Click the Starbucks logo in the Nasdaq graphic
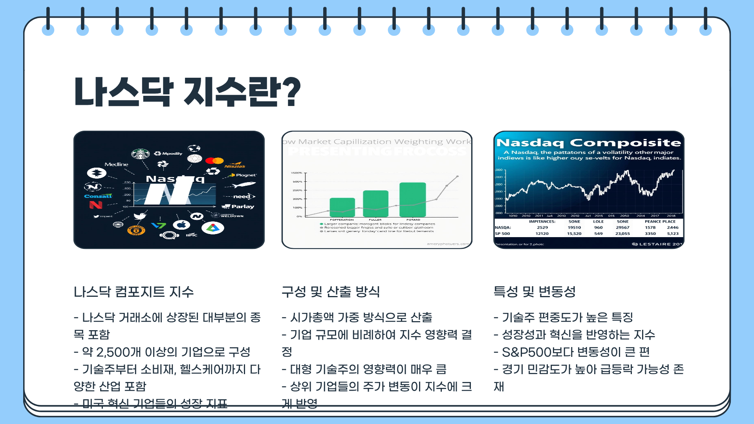pyautogui.click(x=140, y=154)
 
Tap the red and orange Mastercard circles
pyautogui.click(x=214, y=161)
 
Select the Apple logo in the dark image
pyautogui.click(x=181, y=225)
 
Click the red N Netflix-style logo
pyautogui.click(x=95, y=205)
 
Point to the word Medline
pyautogui.click(x=116, y=164)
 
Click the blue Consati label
pyautogui.click(x=98, y=196)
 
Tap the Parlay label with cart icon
pyautogui.click(x=238, y=207)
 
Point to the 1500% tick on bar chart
pyautogui.click(x=296, y=173)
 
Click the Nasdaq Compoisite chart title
pyautogui.click(x=588, y=143)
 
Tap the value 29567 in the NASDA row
pyautogui.click(x=622, y=227)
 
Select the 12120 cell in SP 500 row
pyautogui.click(x=542, y=234)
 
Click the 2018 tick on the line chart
pyautogui.click(x=671, y=216)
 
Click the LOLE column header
pyautogui.click(x=598, y=221)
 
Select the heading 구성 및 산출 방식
pyautogui.click(x=330, y=292)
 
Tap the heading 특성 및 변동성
pyautogui.click(x=534, y=292)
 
